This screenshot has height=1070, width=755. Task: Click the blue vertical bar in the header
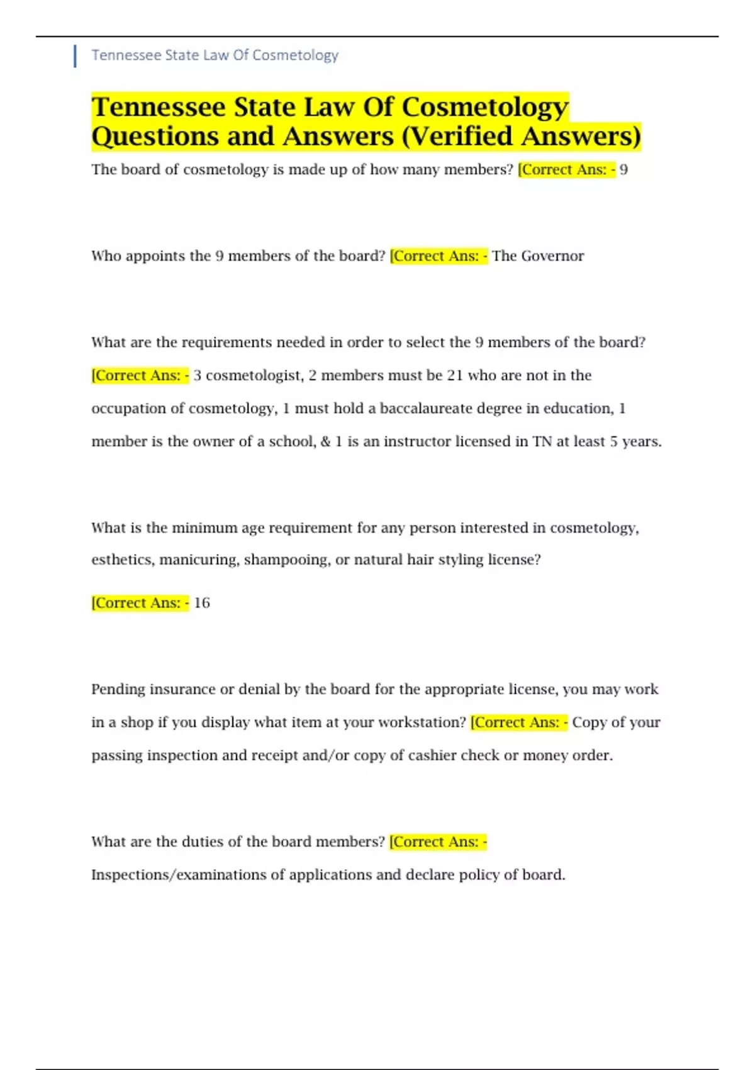[x=75, y=55]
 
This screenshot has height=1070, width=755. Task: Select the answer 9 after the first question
[x=624, y=170]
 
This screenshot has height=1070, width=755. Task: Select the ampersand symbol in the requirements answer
[x=325, y=442]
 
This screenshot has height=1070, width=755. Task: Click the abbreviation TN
[x=542, y=442]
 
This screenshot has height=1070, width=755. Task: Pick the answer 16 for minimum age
[x=202, y=603]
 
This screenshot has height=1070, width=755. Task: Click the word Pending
[x=118, y=690]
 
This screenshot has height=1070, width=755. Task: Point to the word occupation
[x=130, y=408]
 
